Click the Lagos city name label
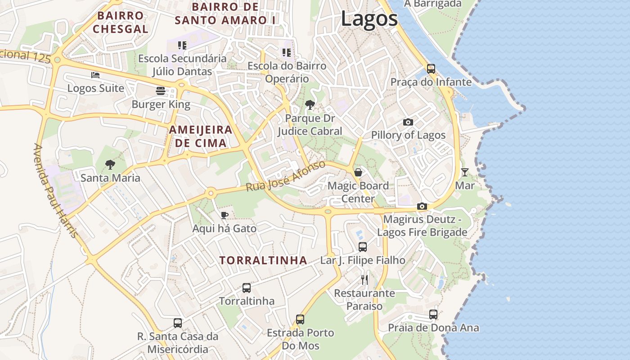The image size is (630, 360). [x=369, y=19]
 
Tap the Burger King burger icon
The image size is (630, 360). [x=161, y=91]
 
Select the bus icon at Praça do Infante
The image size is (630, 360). [x=431, y=69]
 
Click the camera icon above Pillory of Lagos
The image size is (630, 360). [x=408, y=122]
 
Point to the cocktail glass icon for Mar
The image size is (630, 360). [x=464, y=172]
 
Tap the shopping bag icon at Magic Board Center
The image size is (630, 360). [x=358, y=172]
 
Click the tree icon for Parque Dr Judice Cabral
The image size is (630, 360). [x=310, y=105]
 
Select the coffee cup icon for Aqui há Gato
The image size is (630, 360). [x=225, y=215]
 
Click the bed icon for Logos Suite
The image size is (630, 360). [x=95, y=75]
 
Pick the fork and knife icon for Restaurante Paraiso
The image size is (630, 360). [x=364, y=280]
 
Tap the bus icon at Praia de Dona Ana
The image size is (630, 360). [x=433, y=315]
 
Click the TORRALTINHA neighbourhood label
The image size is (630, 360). [x=263, y=261]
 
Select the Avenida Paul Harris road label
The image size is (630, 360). [x=55, y=192]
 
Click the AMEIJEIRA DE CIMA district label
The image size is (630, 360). [x=201, y=136]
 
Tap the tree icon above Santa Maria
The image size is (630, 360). [x=110, y=165]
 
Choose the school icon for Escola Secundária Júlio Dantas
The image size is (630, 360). [x=182, y=45]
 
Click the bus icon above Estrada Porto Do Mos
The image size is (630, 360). [x=300, y=319]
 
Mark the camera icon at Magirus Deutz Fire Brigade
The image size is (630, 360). [x=422, y=206]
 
